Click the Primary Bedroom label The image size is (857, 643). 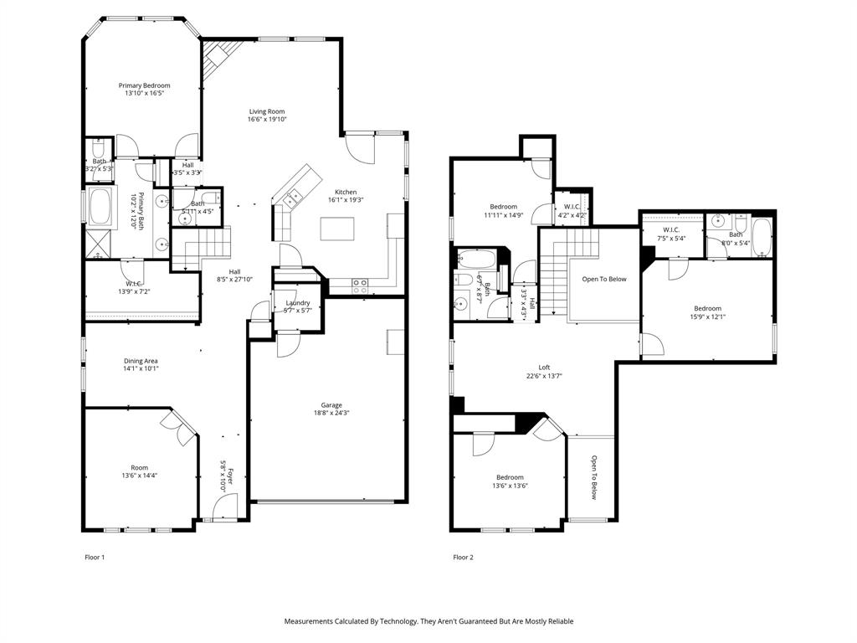(144, 85)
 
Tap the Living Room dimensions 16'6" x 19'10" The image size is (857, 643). (266, 120)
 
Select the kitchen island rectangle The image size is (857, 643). (337, 228)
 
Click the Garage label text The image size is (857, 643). (331, 405)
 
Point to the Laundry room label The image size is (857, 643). (298, 303)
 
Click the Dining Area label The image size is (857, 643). (141, 361)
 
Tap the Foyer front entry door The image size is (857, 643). (224, 507)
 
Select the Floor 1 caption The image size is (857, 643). (95, 557)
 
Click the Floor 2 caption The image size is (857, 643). (463, 557)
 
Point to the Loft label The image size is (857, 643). (544, 368)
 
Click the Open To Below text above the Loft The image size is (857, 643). (604, 280)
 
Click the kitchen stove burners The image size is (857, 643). (360, 284)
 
